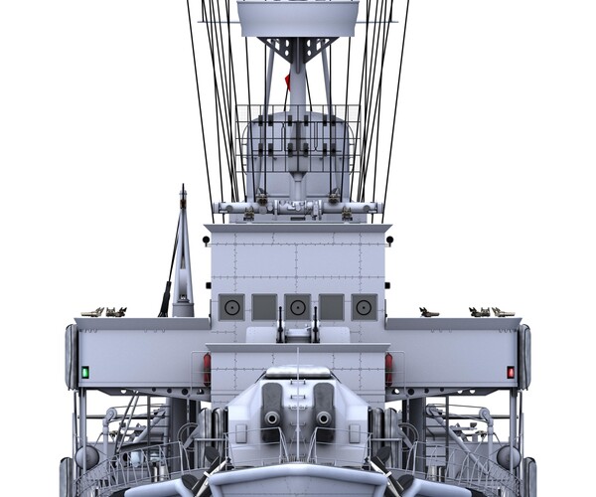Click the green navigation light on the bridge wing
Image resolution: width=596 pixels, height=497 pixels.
85,372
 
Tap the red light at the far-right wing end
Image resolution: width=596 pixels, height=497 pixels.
511,372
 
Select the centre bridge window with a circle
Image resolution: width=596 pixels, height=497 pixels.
297,307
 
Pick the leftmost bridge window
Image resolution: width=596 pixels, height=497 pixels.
231,307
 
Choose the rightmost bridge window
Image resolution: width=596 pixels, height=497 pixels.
364,307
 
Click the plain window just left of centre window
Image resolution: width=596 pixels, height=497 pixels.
264,307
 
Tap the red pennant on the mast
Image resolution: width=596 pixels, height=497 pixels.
288,80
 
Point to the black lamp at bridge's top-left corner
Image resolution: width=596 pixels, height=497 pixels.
206,240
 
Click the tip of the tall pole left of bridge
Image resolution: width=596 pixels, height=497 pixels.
182,188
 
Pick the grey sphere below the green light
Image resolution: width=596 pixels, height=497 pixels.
87,455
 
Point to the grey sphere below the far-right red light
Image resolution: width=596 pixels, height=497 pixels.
508,455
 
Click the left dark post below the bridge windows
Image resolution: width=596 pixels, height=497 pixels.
280,326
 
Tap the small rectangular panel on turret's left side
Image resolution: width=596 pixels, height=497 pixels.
240,432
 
